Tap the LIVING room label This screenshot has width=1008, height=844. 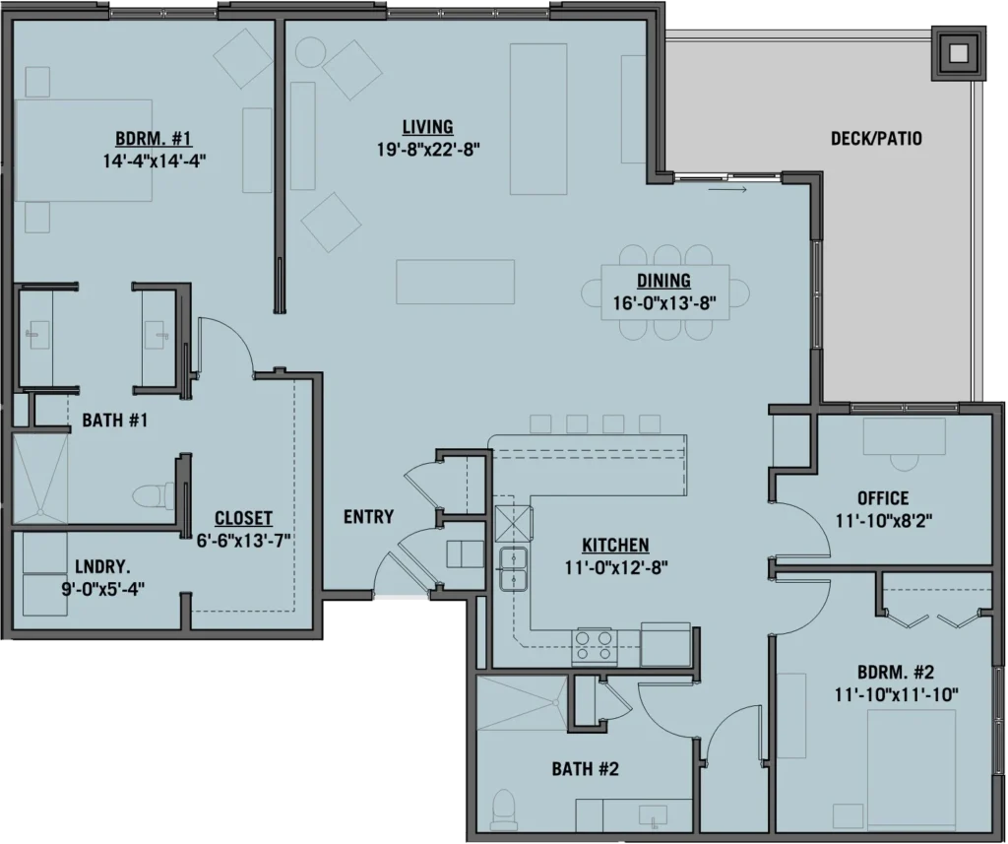coord(427,127)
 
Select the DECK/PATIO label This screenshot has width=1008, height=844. coord(876,139)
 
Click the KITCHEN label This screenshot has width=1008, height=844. coord(615,545)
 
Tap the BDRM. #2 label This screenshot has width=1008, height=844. coord(895,674)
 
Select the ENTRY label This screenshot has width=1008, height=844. coord(368,516)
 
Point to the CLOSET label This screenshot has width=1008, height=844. coord(243,518)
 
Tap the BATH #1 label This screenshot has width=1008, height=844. coord(114,422)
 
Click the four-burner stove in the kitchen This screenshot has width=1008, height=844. coord(595,646)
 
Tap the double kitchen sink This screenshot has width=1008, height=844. coord(515,569)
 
